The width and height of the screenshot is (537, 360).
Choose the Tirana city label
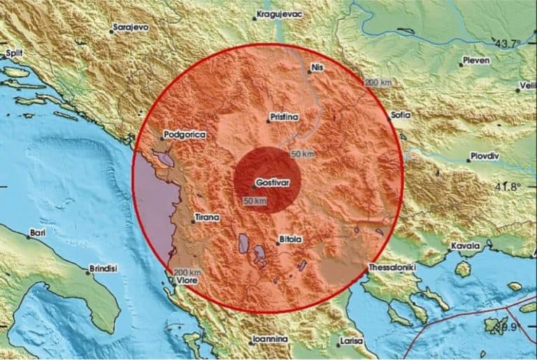coord(208,217)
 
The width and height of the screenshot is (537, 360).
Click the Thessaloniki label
coord(392,267)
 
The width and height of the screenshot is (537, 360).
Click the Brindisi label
coord(105,268)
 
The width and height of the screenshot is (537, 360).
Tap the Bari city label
coord(37,232)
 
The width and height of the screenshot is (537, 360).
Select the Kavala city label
coord(468,246)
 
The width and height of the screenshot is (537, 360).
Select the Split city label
coord(14,52)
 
